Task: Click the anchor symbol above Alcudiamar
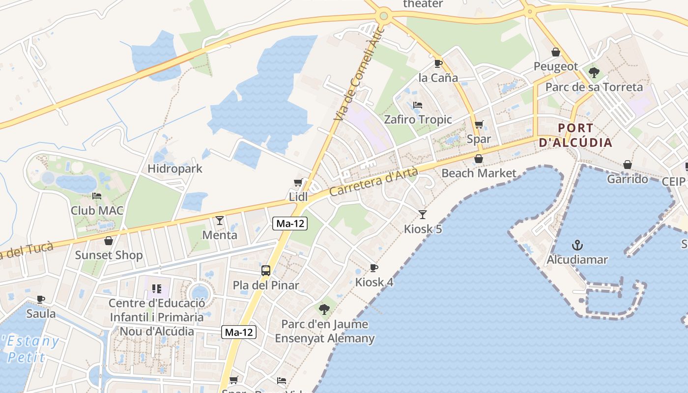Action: click(x=578, y=245)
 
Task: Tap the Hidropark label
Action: click(x=175, y=168)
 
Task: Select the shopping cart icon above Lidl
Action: click(x=298, y=183)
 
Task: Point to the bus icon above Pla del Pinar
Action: click(x=265, y=270)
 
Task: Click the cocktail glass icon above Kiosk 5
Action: click(x=422, y=214)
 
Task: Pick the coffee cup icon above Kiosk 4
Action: click(x=374, y=268)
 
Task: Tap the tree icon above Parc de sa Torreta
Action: click(x=594, y=73)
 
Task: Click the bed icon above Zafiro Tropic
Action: click(x=417, y=105)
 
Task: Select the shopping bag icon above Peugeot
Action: click(x=556, y=52)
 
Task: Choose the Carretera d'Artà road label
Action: click(x=373, y=182)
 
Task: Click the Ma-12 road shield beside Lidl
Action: click(x=290, y=224)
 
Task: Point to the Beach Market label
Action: click(x=479, y=173)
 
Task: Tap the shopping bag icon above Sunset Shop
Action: click(x=109, y=241)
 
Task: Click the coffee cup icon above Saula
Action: click(x=41, y=299)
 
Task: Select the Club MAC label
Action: click(x=97, y=211)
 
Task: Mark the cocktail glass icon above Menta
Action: click(x=220, y=221)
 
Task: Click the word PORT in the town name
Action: click(x=575, y=128)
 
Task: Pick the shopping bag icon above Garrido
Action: click(x=627, y=165)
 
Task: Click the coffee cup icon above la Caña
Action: click(x=438, y=63)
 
